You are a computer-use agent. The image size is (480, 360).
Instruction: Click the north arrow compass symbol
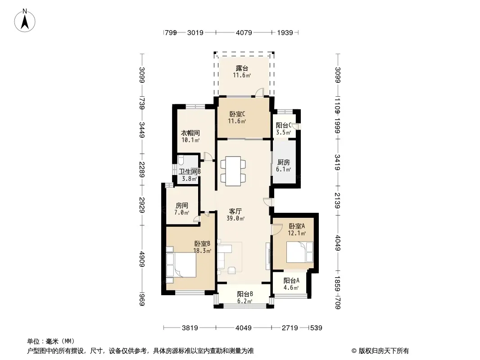[x=25, y=21]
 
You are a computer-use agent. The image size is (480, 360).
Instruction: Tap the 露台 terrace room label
[x=242, y=68]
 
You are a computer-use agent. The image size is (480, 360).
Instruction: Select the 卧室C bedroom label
[x=237, y=114]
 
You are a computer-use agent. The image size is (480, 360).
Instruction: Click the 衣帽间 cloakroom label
[x=190, y=133]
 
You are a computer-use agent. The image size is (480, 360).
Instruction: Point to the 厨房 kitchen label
[x=284, y=162]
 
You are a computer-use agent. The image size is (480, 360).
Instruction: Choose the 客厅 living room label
[x=235, y=211]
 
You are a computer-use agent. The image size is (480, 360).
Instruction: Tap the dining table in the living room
[x=233, y=171]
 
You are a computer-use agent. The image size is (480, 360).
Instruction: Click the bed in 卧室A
[x=300, y=252]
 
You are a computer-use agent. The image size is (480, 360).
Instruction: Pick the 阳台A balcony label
[x=291, y=280]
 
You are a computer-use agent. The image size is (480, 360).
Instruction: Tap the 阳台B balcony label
[x=245, y=294]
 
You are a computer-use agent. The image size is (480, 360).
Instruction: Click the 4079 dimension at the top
[x=244, y=32]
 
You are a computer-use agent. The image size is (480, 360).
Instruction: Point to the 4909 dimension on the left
[x=142, y=259]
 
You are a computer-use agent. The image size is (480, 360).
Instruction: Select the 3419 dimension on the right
[x=337, y=162]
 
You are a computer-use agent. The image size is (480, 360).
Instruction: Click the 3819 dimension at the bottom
[x=190, y=328]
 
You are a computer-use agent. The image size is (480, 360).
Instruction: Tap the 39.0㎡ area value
[x=235, y=218]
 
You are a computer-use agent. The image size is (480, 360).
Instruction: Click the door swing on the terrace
[x=259, y=92]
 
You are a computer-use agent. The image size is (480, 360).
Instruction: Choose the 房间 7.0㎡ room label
[x=182, y=209]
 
